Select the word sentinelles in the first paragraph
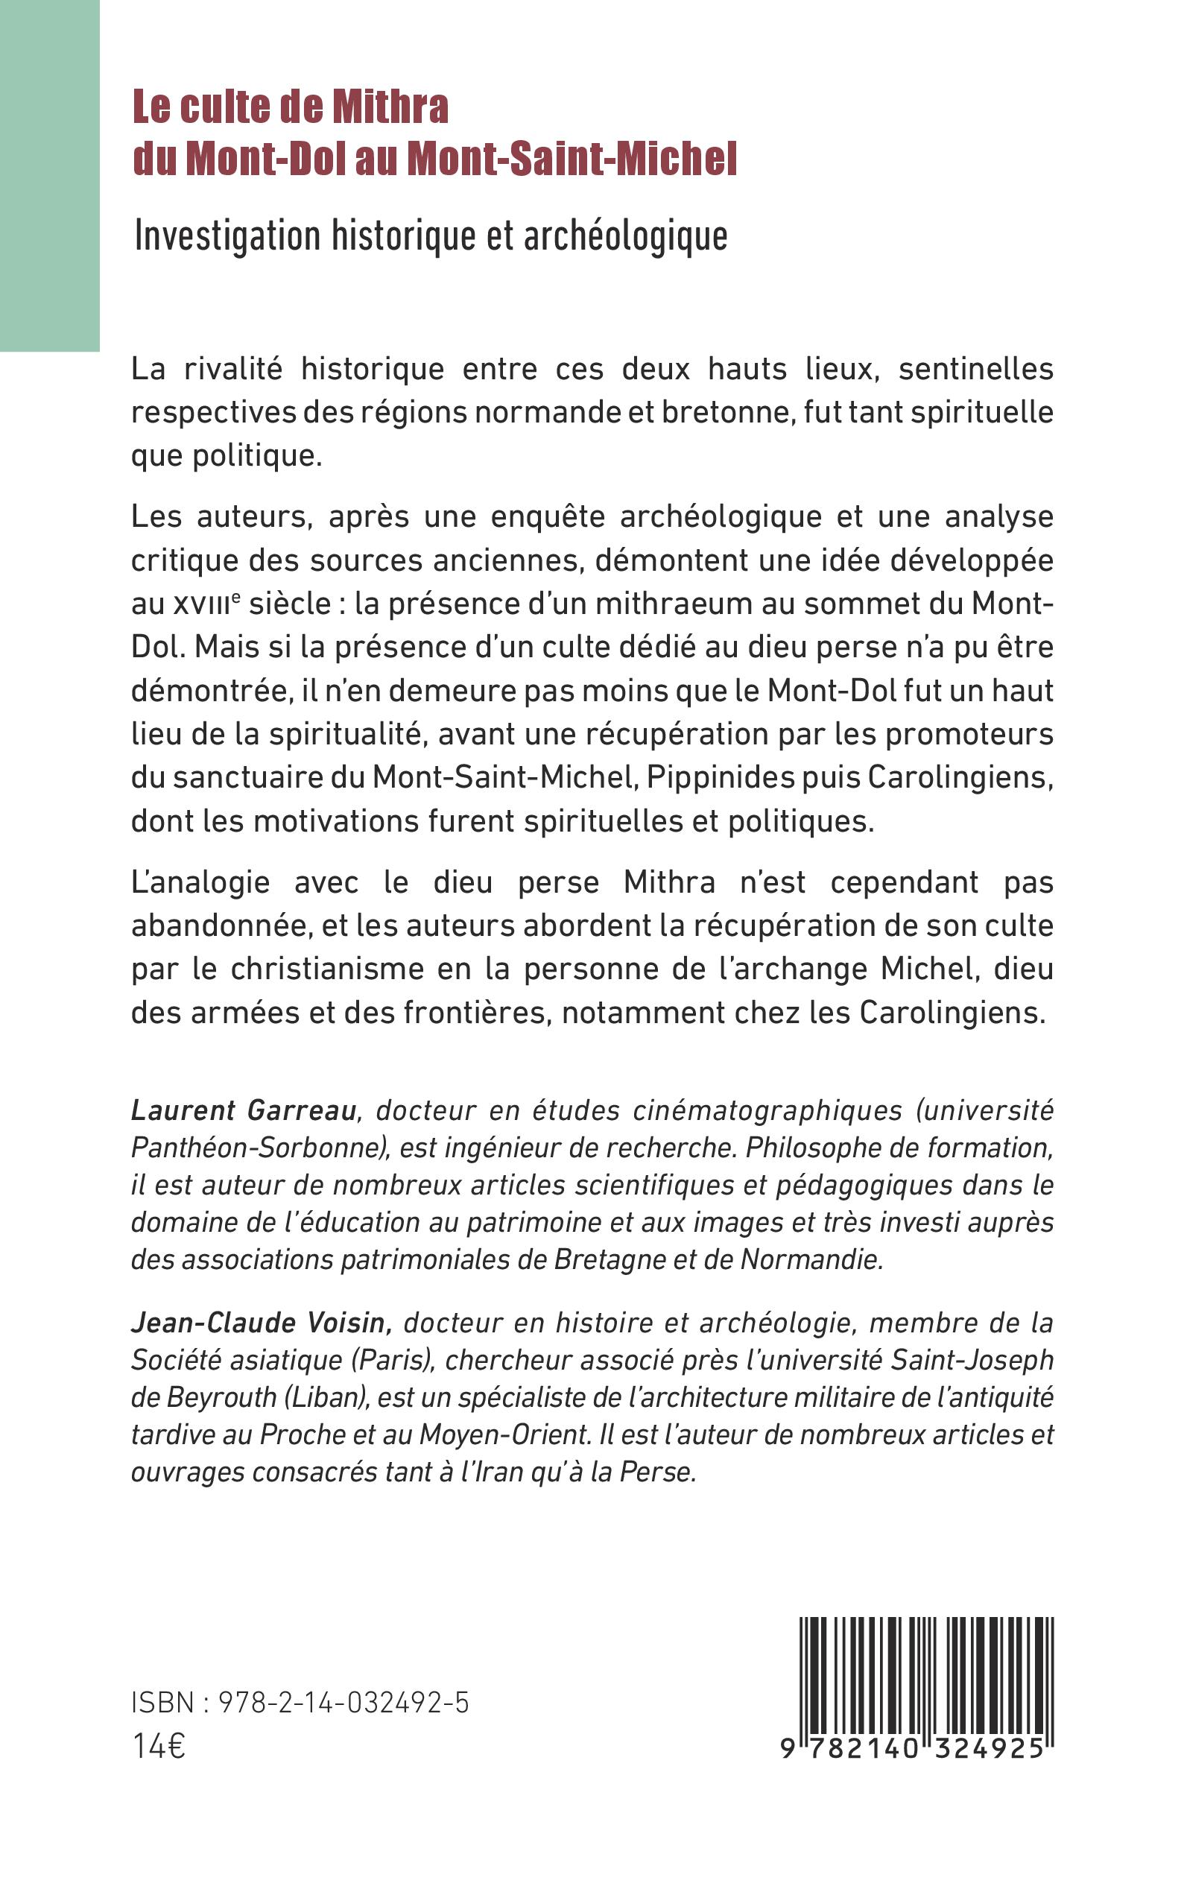coord(975,368)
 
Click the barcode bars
coord(926,1674)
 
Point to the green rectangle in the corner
coord(49,175)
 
